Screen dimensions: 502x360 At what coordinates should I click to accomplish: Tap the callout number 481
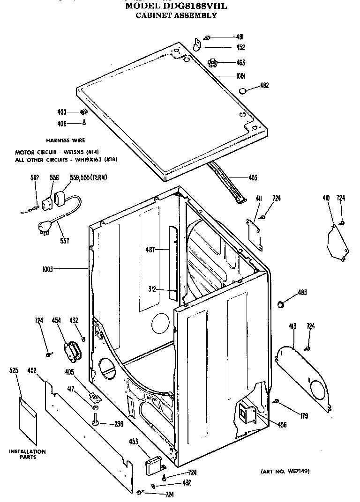tap(240, 37)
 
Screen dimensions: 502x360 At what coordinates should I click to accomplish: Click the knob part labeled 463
tap(214, 62)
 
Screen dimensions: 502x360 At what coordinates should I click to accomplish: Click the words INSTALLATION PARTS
tap(28, 454)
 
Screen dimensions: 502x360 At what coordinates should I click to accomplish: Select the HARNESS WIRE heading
tap(66, 140)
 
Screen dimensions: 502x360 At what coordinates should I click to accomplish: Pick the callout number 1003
tap(48, 269)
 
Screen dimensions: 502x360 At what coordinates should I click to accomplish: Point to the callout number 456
tap(282, 425)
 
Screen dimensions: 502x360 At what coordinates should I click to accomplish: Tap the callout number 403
tap(253, 178)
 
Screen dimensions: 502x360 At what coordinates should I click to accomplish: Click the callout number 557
tap(65, 241)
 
